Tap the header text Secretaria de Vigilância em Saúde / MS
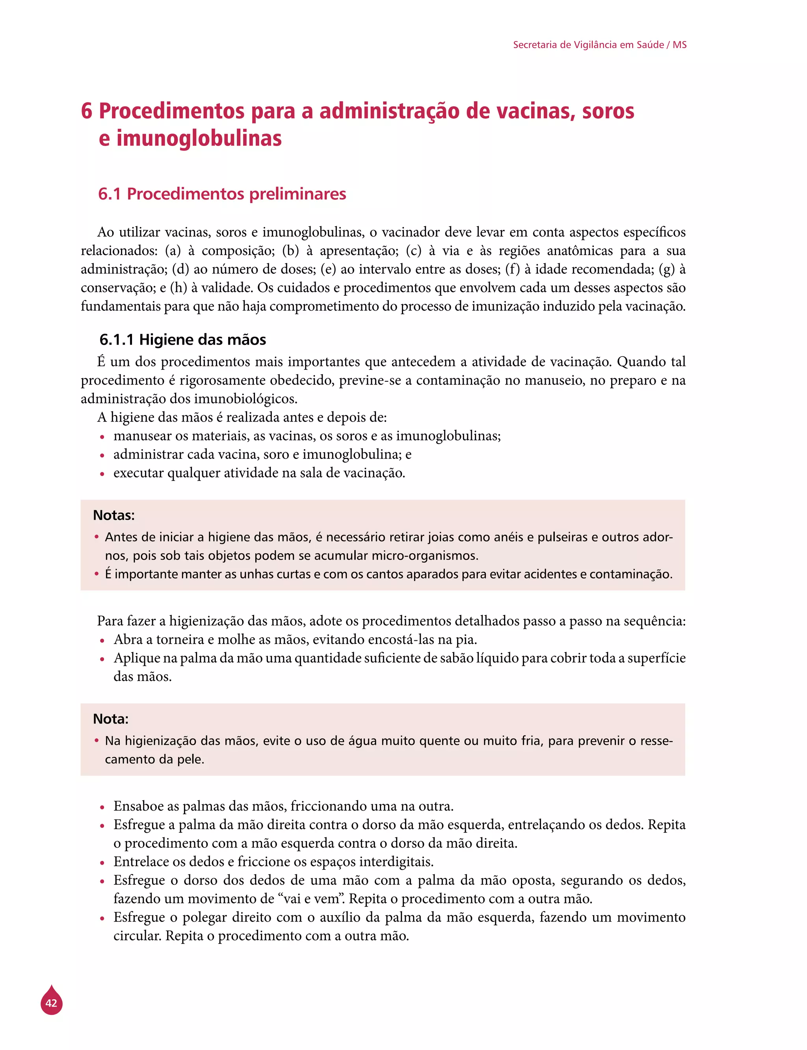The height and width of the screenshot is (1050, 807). pyautogui.click(x=599, y=45)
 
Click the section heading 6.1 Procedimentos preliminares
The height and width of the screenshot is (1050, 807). pyautogui.click(x=222, y=194)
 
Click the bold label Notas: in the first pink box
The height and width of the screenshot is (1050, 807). pyautogui.click(x=114, y=515)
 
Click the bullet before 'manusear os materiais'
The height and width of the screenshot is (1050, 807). pyautogui.click(x=102, y=437)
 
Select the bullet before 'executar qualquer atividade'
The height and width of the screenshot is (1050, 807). pyautogui.click(x=102, y=474)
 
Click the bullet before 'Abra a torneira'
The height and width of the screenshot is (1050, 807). pyautogui.click(x=102, y=641)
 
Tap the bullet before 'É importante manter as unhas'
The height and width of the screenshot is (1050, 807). pyautogui.click(x=97, y=574)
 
